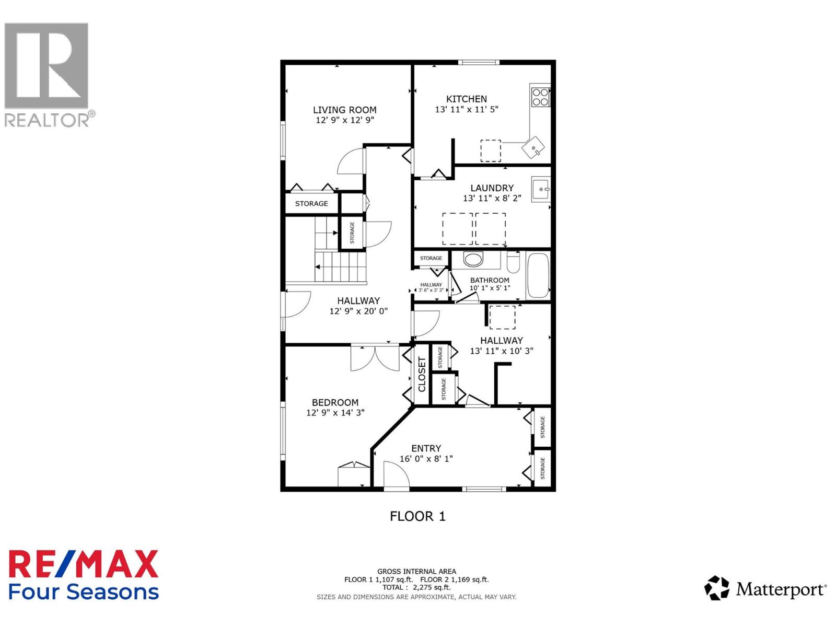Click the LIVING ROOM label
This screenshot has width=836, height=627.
pyautogui.click(x=344, y=110)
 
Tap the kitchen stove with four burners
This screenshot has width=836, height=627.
pyautogui.click(x=540, y=97)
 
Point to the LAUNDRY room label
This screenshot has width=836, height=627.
pyautogui.click(x=492, y=188)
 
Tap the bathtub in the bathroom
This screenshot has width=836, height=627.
pyautogui.click(x=538, y=275)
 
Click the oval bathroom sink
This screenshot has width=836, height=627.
pyautogui.click(x=474, y=260)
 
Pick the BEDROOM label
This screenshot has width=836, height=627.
pyautogui.click(x=335, y=402)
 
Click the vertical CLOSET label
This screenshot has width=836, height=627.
pyautogui.click(x=422, y=374)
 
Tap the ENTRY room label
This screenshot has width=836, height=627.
pyautogui.click(x=426, y=448)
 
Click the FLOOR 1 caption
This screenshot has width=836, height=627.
pyautogui.click(x=417, y=516)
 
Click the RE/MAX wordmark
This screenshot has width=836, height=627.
pyautogui.click(x=84, y=565)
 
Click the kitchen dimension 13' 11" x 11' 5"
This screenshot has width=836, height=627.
pyautogui.click(x=467, y=110)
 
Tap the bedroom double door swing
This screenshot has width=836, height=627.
pyautogui.click(x=374, y=358)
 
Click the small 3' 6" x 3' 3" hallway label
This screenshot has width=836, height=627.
pyautogui.click(x=431, y=290)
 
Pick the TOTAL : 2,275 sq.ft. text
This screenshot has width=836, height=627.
pyautogui.click(x=416, y=587)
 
